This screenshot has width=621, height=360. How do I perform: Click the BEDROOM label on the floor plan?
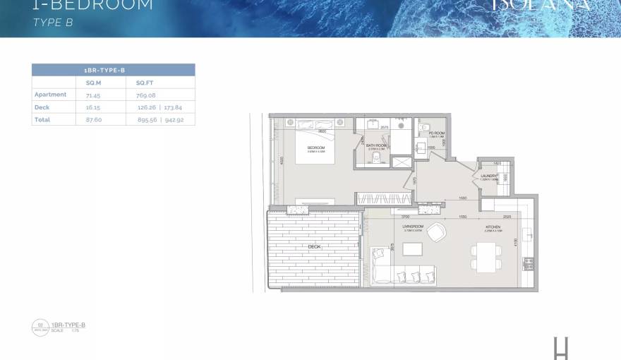tap(315, 148)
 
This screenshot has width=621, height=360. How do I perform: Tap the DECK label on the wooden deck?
tap(315, 246)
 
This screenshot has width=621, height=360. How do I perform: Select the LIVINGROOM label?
tap(412, 227)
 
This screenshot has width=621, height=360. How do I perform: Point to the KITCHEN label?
tap(492, 227)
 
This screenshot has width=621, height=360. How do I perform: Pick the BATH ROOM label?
tap(376, 145)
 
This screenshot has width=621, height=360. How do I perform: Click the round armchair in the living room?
tap(436, 231)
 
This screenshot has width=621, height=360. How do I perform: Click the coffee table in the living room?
tap(412, 249)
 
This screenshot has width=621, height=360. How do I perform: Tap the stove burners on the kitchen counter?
tap(528, 263)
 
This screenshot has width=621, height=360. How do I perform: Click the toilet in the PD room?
tap(423, 148)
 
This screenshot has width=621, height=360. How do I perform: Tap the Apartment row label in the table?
tap(50, 95)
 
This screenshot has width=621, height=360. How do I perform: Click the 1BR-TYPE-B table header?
tap(113, 70)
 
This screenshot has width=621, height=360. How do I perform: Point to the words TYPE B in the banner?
tap(53, 23)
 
